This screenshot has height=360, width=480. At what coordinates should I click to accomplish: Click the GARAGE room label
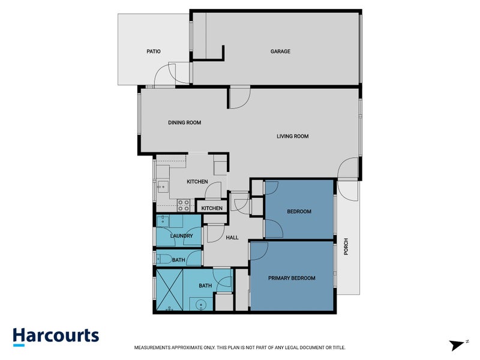point(280,52)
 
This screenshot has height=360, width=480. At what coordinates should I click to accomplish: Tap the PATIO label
point(154,52)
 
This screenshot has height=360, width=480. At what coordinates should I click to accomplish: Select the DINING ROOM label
point(184,122)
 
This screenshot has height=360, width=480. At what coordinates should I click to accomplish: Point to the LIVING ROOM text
point(292,136)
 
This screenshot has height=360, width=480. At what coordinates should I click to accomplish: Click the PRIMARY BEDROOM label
point(292,278)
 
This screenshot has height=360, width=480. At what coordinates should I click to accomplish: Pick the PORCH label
point(346,247)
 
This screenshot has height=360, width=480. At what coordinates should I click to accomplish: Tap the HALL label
point(232,238)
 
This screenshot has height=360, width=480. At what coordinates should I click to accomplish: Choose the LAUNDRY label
point(181,236)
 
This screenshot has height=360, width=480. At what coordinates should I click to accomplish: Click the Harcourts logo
point(56,336)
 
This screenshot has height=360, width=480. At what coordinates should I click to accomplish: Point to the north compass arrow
point(458,344)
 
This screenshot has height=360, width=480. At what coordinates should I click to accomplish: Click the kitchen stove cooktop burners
point(184,205)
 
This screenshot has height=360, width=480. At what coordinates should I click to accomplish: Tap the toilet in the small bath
point(163,259)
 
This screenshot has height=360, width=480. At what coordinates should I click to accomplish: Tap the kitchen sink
point(161,187)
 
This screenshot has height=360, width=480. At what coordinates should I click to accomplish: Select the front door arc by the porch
point(347,170)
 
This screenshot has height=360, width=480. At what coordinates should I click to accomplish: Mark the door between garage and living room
point(239,98)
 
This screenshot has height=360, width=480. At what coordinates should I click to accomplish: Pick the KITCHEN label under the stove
point(212,208)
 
